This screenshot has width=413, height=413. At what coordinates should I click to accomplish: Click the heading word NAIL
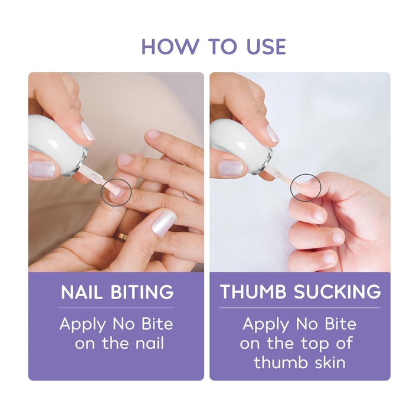point(81,292)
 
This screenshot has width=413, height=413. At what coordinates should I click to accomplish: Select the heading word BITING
point(142,292)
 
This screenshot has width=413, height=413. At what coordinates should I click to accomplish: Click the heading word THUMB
point(253,291)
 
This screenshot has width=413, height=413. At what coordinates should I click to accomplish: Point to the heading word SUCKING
point(337,291)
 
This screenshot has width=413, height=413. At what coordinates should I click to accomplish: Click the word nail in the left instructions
point(149,343)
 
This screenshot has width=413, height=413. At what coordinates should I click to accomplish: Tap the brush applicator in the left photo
point(98,179)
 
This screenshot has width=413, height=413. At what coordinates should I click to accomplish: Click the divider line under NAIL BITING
point(116,307)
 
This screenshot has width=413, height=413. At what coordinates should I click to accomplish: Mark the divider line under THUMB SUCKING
point(300,307)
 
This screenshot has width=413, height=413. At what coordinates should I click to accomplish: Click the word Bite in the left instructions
point(158,324)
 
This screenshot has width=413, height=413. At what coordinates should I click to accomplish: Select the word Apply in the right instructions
point(265,324)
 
